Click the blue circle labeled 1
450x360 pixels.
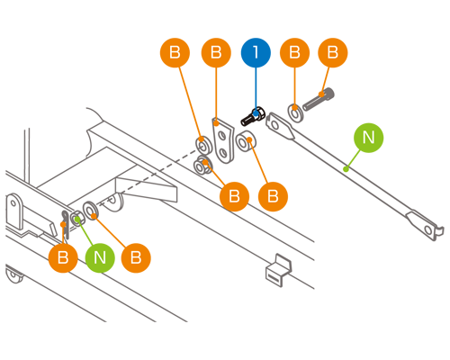coord(256,52)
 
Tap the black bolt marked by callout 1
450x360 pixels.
coord(253,116)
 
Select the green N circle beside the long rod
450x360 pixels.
coord(368,138)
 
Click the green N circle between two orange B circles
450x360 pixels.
coord(100,257)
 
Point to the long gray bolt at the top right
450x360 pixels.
coord(319,99)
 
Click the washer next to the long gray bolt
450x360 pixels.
coord(295,112)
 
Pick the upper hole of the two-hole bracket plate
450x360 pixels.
coord(222,136)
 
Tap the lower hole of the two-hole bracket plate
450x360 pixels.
coord(223,154)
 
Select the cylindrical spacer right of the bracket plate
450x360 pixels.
coord(246,141)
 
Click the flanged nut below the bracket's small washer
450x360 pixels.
coord(202,166)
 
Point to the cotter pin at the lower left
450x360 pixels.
coord(66,224)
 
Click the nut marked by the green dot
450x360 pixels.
coord(77,219)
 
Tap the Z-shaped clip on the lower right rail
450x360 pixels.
coord(278,270)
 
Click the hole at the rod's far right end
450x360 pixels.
coord(428,230)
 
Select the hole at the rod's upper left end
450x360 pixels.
coord(274,125)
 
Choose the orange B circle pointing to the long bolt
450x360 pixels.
coord(333,52)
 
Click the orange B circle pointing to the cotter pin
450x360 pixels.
coord(63,257)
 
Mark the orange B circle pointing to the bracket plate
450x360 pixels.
coord(216,52)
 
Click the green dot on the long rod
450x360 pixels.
coord(346,169)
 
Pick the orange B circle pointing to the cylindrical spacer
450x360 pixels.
coord(273,196)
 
